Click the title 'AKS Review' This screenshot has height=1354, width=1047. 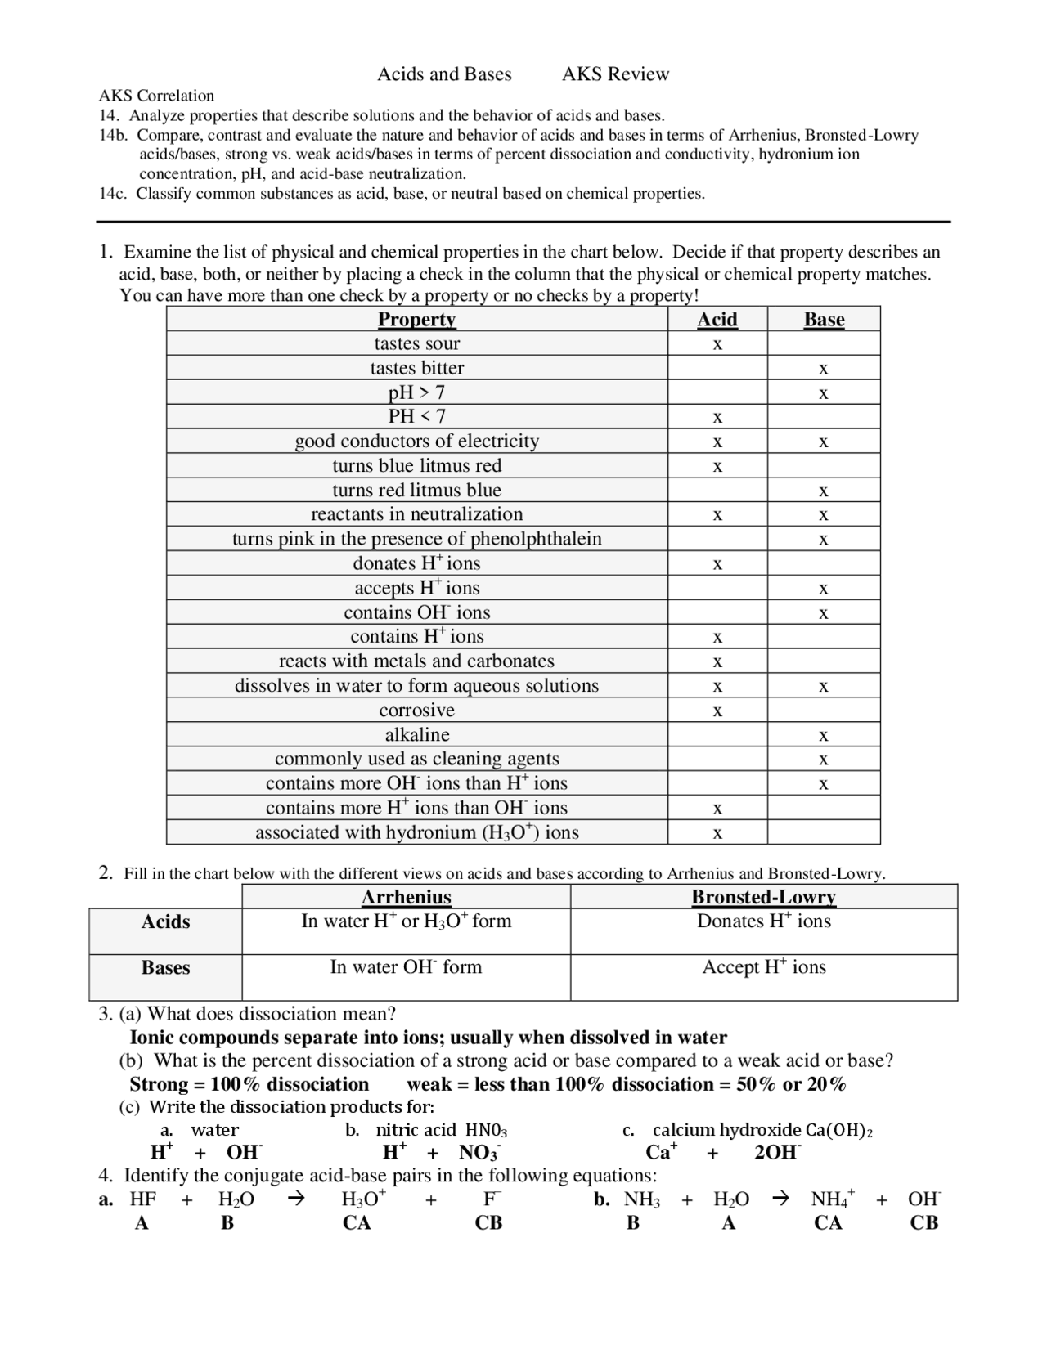pyautogui.click(x=615, y=74)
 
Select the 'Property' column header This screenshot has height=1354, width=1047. pyautogui.click(x=416, y=319)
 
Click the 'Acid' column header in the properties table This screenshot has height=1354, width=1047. pyautogui.click(x=717, y=319)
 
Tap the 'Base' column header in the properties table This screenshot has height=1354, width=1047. pyautogui.click(x=824, y=319)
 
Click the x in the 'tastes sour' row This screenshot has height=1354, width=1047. pyautogui.click(x=717, y=344)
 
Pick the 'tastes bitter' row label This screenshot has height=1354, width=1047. pyautogui.click(x=416, y=368)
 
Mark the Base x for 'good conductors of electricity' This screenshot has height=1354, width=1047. pyautogui.click(x=824, y=442)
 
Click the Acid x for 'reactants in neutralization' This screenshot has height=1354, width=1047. pyautogui.click(x=717, y=515)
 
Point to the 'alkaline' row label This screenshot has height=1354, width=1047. pyautogui.click(x=417, y=734)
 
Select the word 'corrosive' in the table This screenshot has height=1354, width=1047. pyautogui.click(x=416, y=710)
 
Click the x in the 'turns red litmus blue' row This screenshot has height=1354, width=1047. pyautogui.click(x=824, y=491)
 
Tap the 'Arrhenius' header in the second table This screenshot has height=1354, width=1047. pyautogui.click(x=406, y=897)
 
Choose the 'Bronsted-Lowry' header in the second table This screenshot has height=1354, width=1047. pyautogui.click(x=763, y=897)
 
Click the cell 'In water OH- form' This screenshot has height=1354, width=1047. pyautogui.click(x=406, y=967)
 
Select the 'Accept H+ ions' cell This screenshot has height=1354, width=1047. pyautogui.click(x=764, y=967)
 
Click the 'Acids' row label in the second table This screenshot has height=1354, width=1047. pyautogui.click(x=165, y=922)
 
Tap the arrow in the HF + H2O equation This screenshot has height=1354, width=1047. pyautogui.click(x=297, y=1199)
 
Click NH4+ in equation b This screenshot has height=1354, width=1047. pyautogui.click(x=832, y=1199)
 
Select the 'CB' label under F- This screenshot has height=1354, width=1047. pyautogui.click(x=488, y=1223)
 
